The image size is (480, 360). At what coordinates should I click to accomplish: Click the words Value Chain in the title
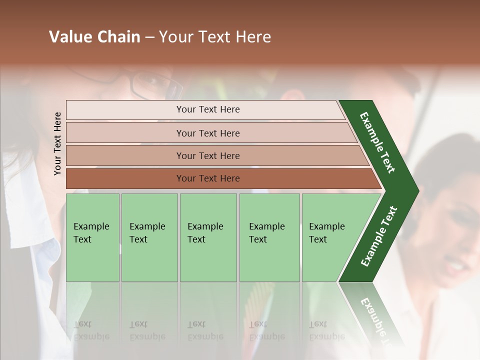pyautogui.click(x=94, y=37)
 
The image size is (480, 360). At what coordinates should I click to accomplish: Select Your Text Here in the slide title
pyautogui.click(x=215, y=37)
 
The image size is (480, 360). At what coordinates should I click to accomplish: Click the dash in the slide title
pyautogui.click(x=149, y=37)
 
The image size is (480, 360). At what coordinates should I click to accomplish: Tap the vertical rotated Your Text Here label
pyautogui.click(x=57, y=143)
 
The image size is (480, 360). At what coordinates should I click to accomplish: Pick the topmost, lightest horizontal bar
pyautogui.click(x=207, y=109)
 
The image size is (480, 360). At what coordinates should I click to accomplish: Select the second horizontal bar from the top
pyautogui.click(x=207, y=133)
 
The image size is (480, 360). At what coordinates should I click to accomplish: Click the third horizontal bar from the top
pyautogui.click(x=207, y=155)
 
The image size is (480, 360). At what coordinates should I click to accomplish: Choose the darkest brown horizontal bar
pyautogui.click(x=207, y=178)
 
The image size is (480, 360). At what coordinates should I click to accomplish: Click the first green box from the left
pyautogui.click(x=92, y=237)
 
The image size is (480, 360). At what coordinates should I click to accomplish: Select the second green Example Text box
pyautogui.click(x=149, y=237)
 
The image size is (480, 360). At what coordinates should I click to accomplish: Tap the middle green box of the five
pyautogui.click(x=208, y=237)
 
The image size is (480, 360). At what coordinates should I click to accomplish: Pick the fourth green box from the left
pyautogui.click(x=269, y=237)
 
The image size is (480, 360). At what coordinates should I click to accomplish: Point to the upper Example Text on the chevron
pyautogui.click(x=377, y=142)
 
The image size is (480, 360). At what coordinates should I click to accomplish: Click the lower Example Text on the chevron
pyautogui.click(x=379, y=236)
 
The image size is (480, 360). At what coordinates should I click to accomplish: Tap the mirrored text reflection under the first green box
pyautogui.click(x=91, y=330)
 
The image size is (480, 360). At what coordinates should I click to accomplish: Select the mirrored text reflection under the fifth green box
pyautogui.click(x=327, y=330)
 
